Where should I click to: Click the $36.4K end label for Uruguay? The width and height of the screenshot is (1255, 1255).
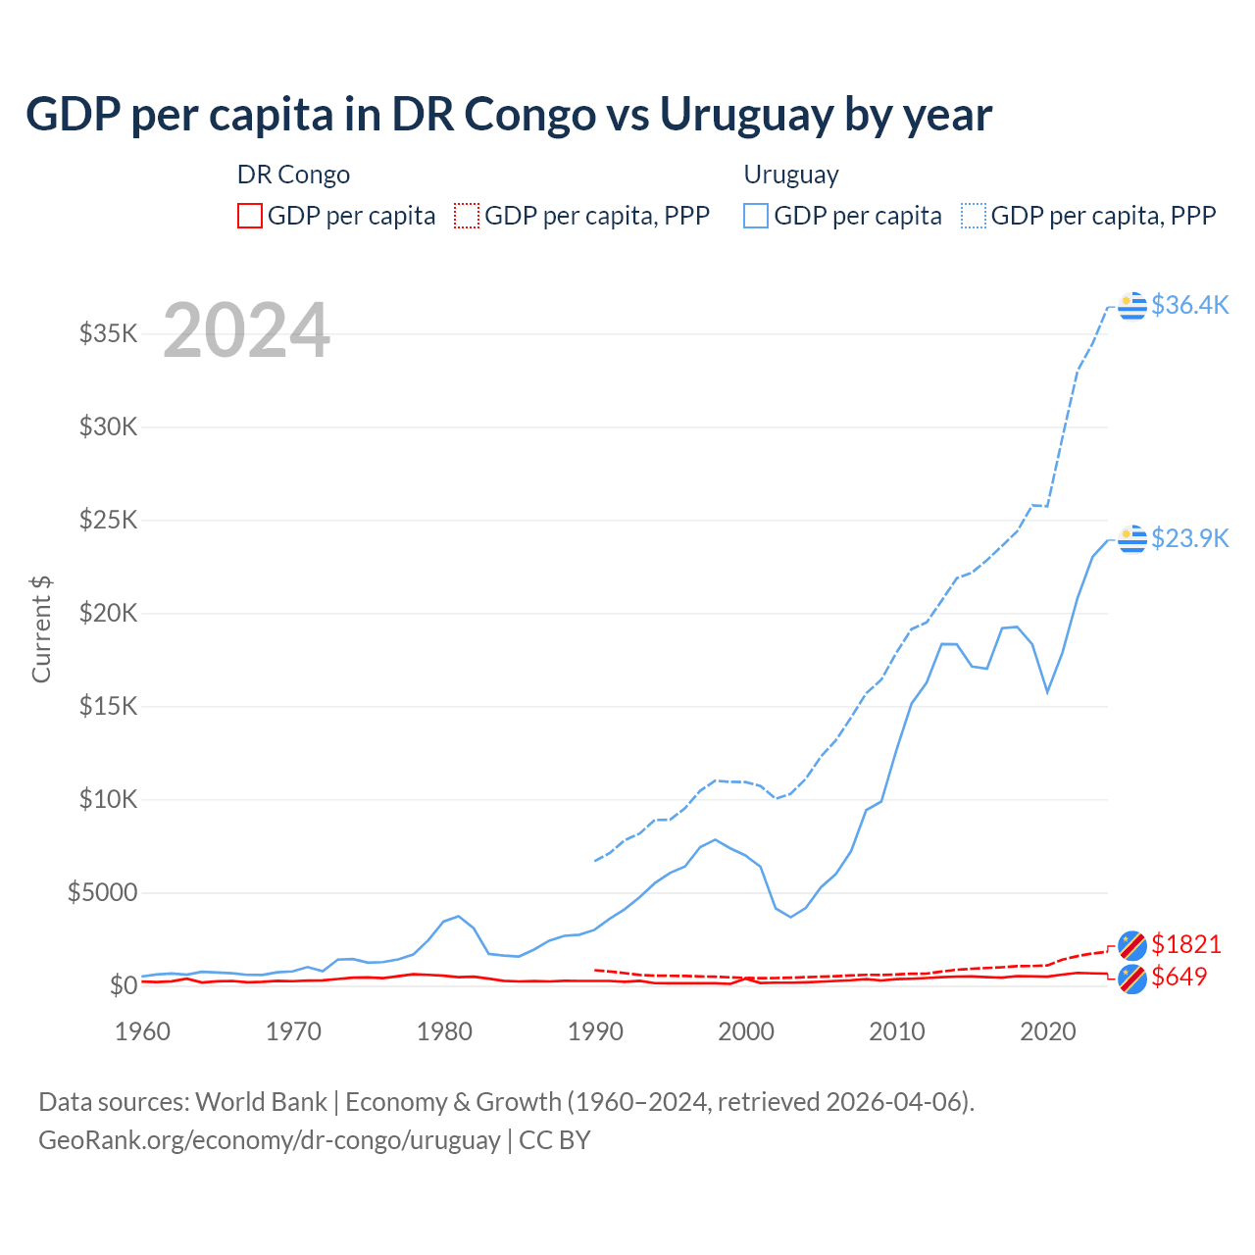(1189, 305)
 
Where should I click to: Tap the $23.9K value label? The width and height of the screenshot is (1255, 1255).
(1189, 538)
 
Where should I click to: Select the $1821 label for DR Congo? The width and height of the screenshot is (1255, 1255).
(1185, 944)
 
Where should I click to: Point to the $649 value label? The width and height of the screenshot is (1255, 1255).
(1179, 977)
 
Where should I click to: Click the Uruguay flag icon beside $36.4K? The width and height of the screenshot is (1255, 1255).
(1132, 306)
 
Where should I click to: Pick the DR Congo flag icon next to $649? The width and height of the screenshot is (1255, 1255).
(1132, 978)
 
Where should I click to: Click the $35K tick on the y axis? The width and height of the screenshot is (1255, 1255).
(108, 333)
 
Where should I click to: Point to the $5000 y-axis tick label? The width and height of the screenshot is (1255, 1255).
(102, 892)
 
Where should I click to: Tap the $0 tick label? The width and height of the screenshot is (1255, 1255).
(123, 985)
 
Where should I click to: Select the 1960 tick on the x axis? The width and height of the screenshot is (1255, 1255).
(143, 1031)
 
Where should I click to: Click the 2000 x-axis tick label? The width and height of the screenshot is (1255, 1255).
(746, 1031)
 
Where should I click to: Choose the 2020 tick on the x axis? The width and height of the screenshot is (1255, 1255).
(1048, 1031)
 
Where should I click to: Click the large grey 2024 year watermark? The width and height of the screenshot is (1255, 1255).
(246, 330)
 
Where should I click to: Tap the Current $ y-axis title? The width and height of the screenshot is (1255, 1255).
(41, 628)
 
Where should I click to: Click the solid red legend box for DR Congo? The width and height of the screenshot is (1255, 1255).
(250, 216)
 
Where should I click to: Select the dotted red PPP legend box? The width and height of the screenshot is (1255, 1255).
(467, 216)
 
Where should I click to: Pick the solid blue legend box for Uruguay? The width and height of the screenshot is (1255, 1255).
(756, 216)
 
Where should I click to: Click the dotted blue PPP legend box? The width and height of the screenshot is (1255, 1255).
(974, 216)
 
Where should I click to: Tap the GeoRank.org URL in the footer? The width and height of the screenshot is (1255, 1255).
(270, 1140)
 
